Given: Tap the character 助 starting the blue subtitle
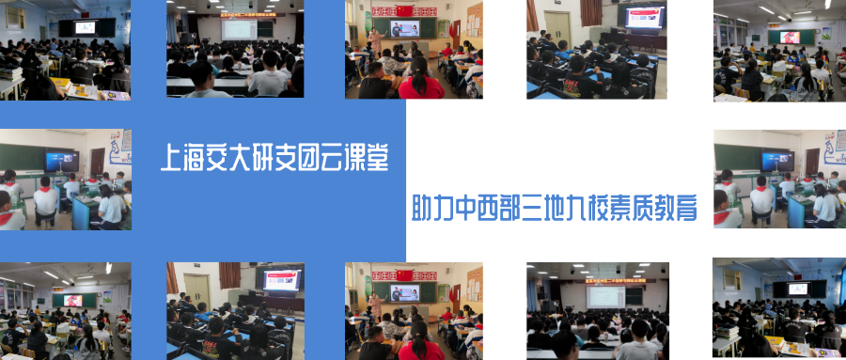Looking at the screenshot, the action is [x=423, y=209].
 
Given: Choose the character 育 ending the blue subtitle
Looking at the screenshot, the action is [x=686, y=209].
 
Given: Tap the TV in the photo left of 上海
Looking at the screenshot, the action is [x=62, y=161].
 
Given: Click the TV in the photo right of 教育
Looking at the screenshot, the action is [x=777, y=161].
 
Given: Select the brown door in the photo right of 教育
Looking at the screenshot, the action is [x=812, y=162].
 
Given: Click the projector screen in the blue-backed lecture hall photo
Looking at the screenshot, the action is [x=240, y=30].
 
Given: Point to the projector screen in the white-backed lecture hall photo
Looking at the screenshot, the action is [x=606, y=297].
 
